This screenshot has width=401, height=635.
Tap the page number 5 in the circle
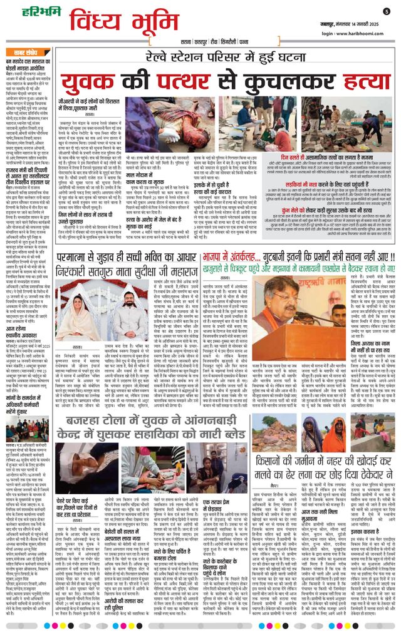tap(387, 11)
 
